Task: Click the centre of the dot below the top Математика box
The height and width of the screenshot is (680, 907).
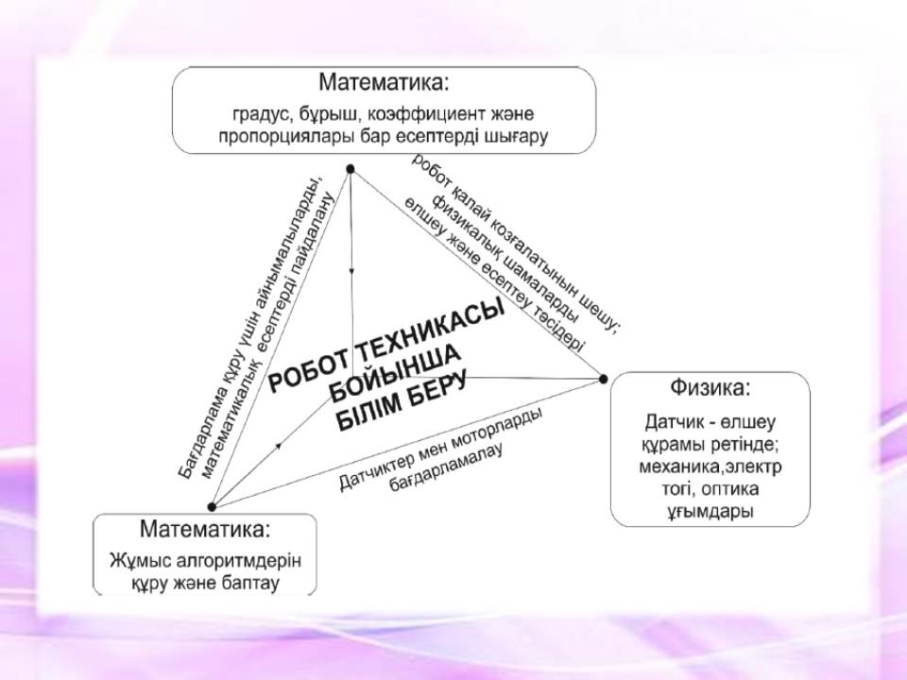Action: pyautogui.click(x=350, y=169)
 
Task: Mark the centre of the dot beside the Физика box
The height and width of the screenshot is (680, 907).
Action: pyautogui.click(x=604, y=380)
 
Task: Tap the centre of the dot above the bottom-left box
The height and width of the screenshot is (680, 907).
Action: pyautogui.click(x=212, y=507)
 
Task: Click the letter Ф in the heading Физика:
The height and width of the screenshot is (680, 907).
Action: pyautogui.click(x=678, y=387)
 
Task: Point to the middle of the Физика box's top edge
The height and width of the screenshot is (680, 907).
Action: pyautogui.click(x=710, y=372)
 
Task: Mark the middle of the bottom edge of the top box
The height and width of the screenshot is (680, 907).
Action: pyautogui.click(x=385, y=153)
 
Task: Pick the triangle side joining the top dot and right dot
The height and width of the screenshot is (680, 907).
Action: pyautogui.click(x=476, y=274)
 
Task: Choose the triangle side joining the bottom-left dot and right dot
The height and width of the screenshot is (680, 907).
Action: pyautogui.click(x=407, y=443)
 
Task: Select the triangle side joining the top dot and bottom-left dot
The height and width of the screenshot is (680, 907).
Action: pyautogui.click(x=281, y=338)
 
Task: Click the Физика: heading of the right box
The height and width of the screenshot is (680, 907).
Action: pyautogui.click(x=710, y=387)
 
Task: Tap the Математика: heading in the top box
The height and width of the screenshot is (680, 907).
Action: pyautogui.click(x=385, y=82)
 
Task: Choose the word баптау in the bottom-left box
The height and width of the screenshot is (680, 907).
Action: pyautogui.click(x=249, y=583)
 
